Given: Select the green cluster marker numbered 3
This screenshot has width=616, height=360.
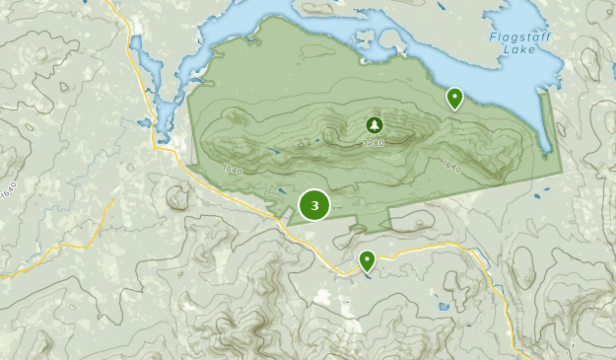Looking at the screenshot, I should (x=314, y=205).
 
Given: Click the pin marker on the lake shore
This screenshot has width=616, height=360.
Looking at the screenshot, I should (x=454, y=98).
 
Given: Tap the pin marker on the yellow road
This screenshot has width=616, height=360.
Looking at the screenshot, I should (x=367, y=261).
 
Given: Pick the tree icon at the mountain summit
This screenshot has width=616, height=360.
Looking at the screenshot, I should (x=374, y=125).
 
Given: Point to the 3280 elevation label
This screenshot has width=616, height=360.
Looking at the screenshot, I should (x=374, y=143).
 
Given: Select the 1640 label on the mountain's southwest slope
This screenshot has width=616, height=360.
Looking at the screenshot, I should (x=233, y=170).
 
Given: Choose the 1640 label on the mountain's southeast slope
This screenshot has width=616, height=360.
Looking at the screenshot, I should (x=451, y=167).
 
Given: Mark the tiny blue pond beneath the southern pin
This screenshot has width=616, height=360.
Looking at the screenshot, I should (x=368, y=277).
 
